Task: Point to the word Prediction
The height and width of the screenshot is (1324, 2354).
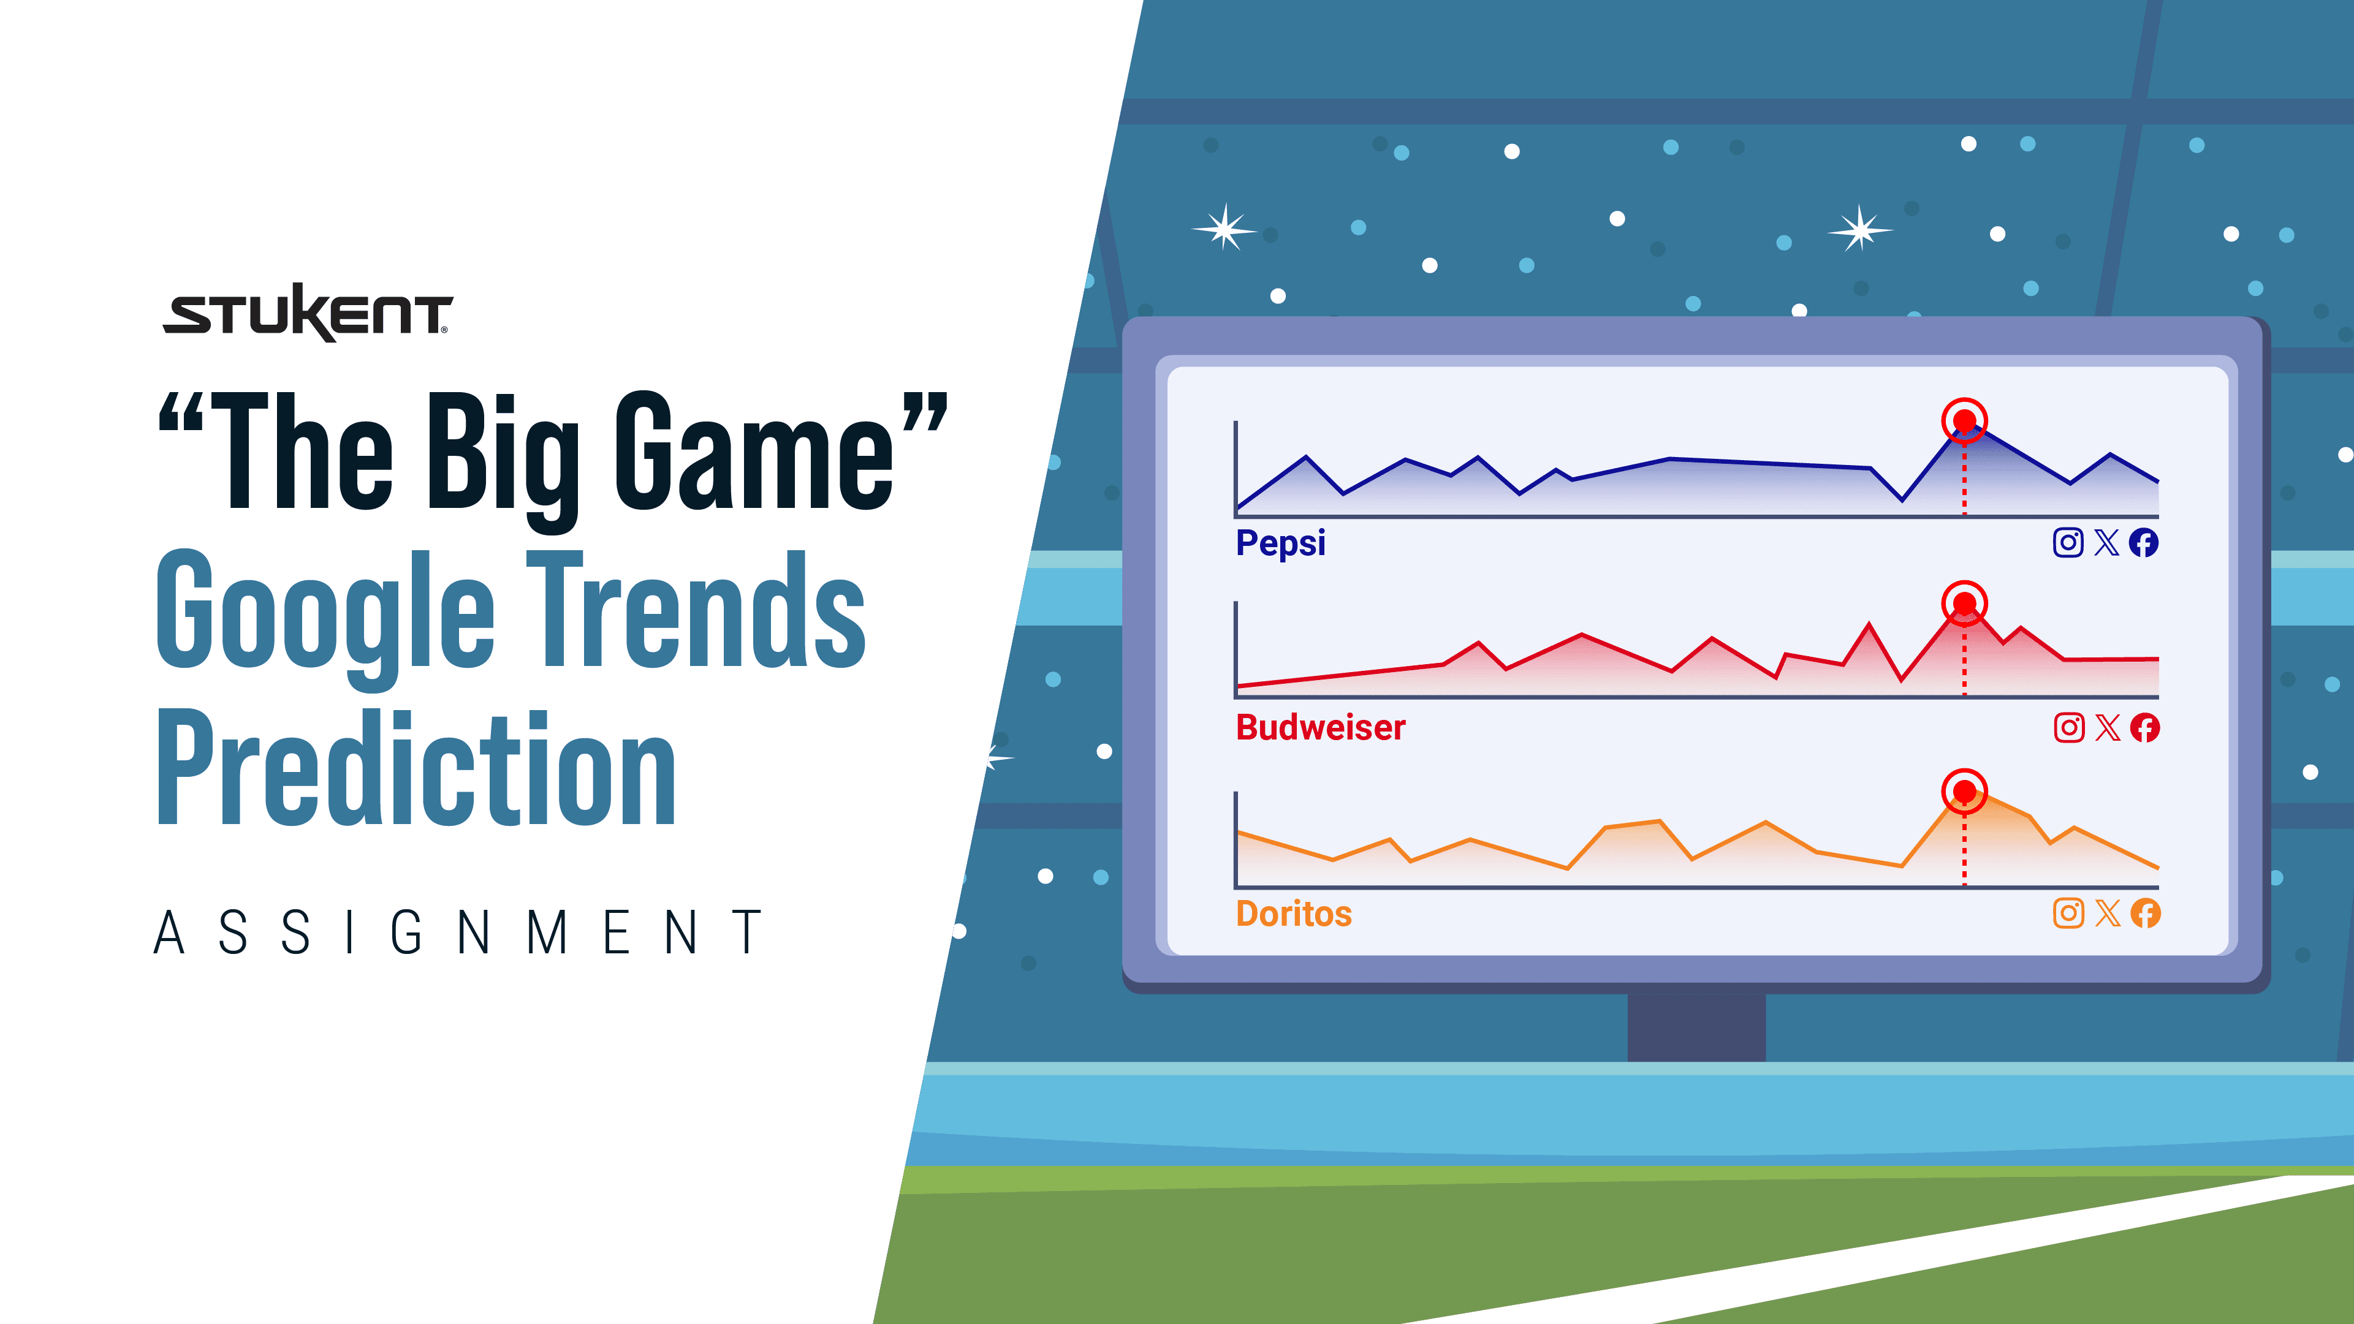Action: point(416,768)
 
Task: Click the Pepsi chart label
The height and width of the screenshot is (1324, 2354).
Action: point(1280,543)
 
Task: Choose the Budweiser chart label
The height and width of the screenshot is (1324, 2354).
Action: point(1321,727)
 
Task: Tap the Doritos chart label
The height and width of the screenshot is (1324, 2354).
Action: point(1293,914)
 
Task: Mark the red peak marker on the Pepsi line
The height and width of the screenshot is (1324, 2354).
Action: point(1964,420)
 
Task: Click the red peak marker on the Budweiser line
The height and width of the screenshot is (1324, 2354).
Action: point(1964,603)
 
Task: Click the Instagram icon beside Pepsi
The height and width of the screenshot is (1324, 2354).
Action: point(2068,543)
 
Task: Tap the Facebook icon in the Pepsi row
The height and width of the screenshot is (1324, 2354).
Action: point(2144,543)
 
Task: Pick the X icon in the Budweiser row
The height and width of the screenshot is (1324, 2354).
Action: point(2107,727)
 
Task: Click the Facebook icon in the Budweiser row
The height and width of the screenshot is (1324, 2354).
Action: point(2145,727)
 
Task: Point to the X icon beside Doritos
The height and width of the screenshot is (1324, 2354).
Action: point(2107,913)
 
